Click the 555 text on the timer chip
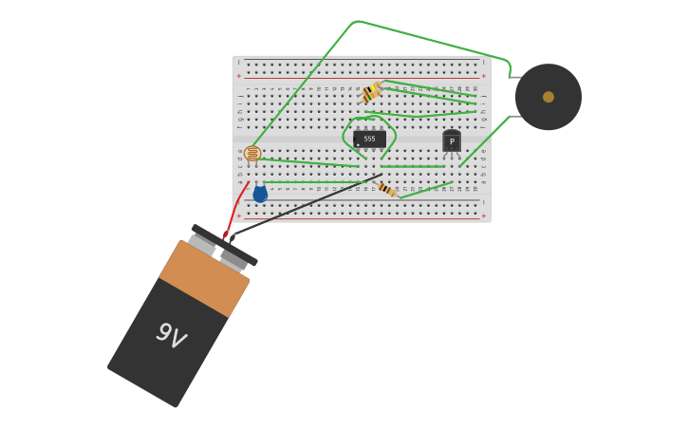[x=369, y=139]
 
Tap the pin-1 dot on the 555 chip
[x=358, y=145]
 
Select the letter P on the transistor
[x=452, y=142]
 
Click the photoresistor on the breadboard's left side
[x=252, y=153]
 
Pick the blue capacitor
[x=260, y=195]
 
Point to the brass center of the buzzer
[x=549, y=97]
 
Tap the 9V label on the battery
[x=170, y=335]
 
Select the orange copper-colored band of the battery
[x=205, y=278]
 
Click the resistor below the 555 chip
[x=387, y=190]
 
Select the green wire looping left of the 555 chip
[x=345, y=138]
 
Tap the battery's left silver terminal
[x=201, y=244]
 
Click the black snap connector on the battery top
[x=224, y=246]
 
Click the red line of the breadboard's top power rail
[x=361, y=77]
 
